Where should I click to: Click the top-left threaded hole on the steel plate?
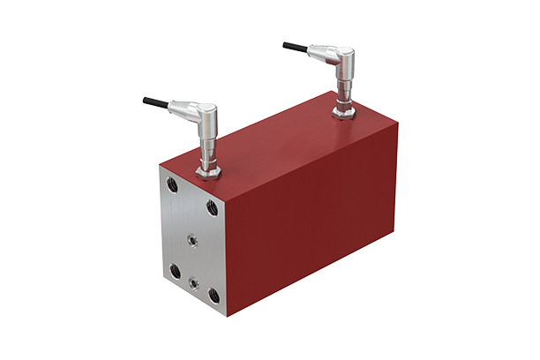click(x=171, y=186)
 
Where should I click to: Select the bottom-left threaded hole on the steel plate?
click(x=176, y=270)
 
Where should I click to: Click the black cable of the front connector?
click(x=155, y=102)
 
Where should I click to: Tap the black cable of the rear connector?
click(x=296, y=46)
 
